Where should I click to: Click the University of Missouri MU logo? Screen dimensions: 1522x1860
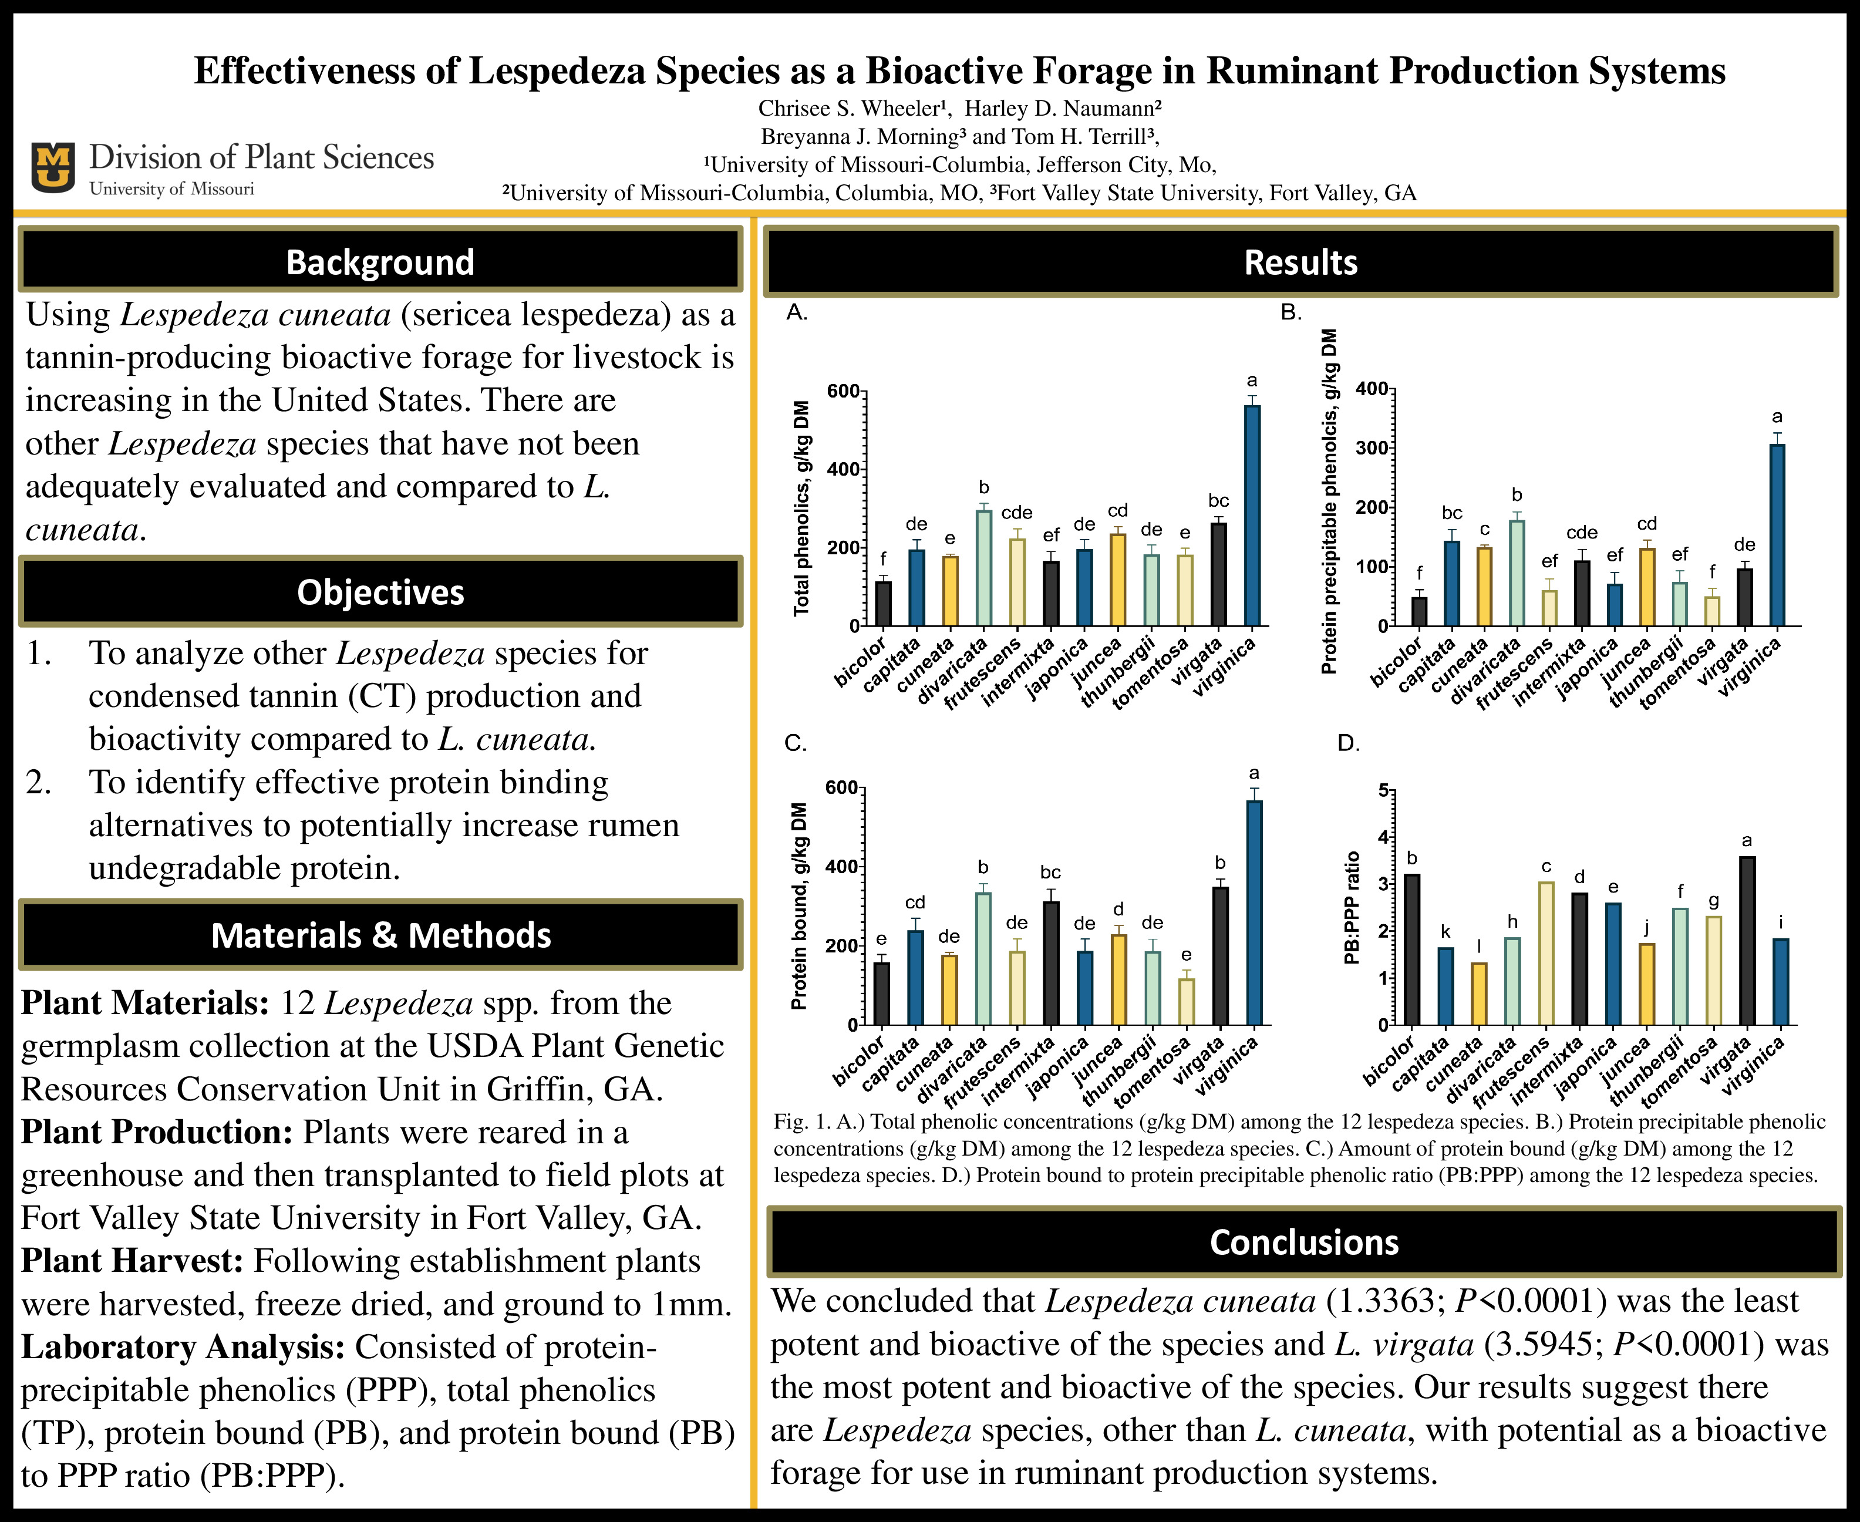click(x=53, y=167)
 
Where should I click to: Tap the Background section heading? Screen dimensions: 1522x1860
click(x=380, y=261)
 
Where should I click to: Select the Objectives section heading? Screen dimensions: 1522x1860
click(x=380, y=592)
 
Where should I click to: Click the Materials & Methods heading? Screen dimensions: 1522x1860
click(x=380, y=935)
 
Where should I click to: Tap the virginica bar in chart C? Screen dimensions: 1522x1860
click(x=1254, y=912)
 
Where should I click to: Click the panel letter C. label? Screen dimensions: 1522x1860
click(x=795, y=743)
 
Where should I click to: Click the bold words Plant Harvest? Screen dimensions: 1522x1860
click(x=132, y=1260)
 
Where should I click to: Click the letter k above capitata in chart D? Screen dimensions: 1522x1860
click(x=1445, y=932)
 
